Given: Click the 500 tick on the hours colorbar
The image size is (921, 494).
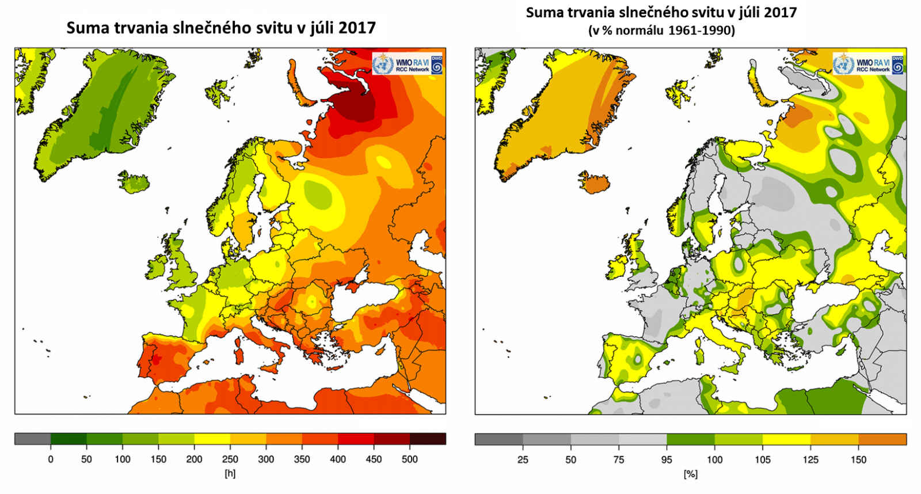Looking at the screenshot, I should click(410, 459).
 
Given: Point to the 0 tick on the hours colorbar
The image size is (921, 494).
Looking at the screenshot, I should click(51, 459).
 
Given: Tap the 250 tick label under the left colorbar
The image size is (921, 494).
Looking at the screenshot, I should click(230, 459).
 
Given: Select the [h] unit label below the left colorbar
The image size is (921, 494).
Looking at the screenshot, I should click(230, 473).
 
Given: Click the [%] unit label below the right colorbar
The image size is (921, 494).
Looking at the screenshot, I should click(690, 474).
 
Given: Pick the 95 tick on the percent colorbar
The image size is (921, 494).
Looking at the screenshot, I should click(667, 459).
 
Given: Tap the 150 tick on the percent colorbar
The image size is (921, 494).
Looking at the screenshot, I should click(858, 459).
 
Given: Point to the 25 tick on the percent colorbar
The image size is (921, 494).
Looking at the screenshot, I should click(523, 459).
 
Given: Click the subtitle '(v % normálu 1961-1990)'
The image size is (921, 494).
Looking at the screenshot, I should click(661, 31).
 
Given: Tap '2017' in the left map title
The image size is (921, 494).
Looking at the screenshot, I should click(357, 28).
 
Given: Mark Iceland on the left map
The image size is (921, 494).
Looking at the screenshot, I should click(134, 182).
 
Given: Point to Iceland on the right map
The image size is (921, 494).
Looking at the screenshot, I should click(595, 182).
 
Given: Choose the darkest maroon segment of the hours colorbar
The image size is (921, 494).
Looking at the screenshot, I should click(428, 439).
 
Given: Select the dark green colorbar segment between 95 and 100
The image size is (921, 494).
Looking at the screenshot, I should click(690, 439).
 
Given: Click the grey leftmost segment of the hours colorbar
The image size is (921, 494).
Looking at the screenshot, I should click(32, 439).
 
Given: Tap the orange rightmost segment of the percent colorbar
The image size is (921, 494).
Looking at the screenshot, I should click(882, 439).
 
